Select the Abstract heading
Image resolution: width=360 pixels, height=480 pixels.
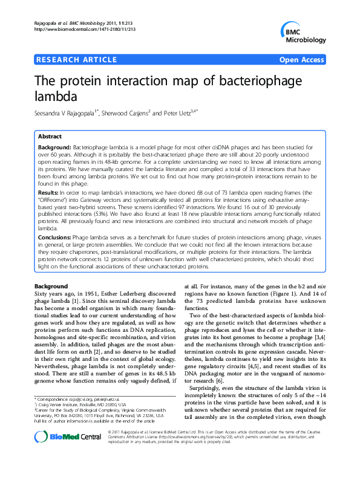[x=50, y=137]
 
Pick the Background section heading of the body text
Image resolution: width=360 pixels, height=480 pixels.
[x=51, y=285]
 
